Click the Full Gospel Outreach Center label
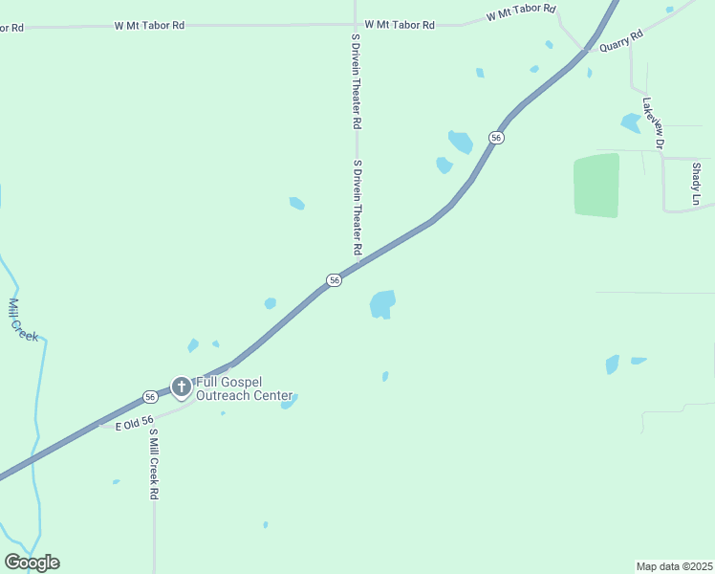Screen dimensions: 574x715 244,388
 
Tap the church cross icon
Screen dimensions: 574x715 182,386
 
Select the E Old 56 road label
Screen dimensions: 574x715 135,424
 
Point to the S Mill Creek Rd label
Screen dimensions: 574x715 153,465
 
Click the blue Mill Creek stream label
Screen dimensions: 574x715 23,320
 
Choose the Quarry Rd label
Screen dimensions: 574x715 621,39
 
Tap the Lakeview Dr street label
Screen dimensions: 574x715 653,122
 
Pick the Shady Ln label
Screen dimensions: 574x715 697,184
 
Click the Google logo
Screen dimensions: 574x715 32,562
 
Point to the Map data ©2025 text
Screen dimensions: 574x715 674,565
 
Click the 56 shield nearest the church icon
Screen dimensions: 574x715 150,396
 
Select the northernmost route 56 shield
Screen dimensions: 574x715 495,138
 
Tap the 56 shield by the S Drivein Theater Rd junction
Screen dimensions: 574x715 333,279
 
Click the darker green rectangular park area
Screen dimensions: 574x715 596,185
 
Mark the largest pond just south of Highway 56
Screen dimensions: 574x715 382,304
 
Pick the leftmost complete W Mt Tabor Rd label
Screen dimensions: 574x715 149,25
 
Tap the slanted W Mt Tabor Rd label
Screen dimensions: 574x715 521,12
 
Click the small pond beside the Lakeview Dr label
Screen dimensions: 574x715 631,122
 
